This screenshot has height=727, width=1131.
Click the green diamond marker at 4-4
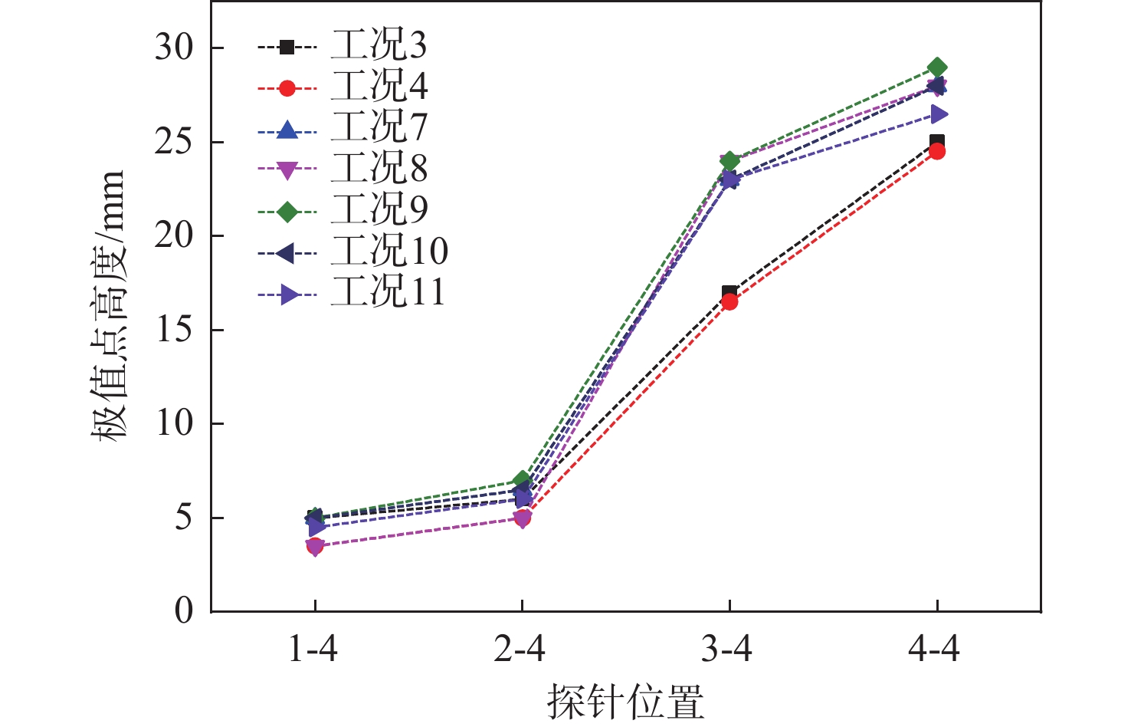click(936, 67)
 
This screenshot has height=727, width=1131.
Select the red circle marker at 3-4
click(729, 301)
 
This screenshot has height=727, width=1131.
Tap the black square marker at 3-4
click(729, 292)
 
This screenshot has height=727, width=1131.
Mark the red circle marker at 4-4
click(936, 152)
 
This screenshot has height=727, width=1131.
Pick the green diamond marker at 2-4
click(522, 481)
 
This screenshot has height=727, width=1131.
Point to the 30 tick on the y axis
click(175, 48)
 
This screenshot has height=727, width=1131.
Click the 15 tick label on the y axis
click(175, 330)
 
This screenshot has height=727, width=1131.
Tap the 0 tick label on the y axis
click(184, 611)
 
